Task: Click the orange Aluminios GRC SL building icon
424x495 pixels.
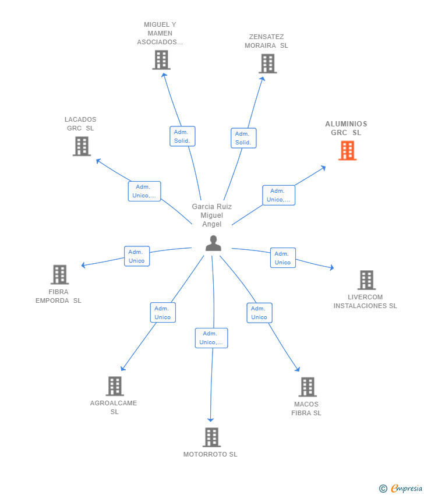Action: pos(347,150)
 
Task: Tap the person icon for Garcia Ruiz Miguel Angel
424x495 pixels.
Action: pos(213,243)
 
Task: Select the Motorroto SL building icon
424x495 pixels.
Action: pos(211,437)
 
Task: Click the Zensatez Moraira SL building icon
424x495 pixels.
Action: pos(267,63)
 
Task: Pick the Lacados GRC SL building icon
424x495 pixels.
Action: pos(82,146)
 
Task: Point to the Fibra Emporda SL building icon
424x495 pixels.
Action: pos(59,274)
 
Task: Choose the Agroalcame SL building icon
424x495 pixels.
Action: pos(115,386)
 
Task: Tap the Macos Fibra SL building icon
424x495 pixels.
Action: pos(307,387)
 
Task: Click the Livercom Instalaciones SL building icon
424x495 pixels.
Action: pos(366,280)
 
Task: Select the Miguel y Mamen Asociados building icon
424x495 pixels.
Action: pos(161,59)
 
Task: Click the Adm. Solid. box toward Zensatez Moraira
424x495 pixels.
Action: pos(243,138)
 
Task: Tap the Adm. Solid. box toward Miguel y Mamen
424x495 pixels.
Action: pos(182,136)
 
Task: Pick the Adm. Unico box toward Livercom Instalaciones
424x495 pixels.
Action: pos(282,258)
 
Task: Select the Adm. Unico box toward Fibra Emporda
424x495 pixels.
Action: pos(136,256)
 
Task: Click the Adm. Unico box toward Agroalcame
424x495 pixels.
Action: pos(162,313)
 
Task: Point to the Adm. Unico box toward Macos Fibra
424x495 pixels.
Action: pos(259,313)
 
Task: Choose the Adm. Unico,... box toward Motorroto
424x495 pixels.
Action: pos(211,338)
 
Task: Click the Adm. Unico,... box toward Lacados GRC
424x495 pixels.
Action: pos(144,191)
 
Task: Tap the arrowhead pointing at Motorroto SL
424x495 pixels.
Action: pos(211,420)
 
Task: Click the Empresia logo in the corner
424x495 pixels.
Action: pos(401,489)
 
